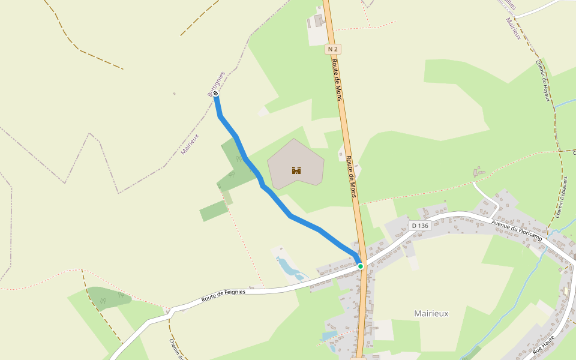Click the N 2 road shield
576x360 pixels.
[x=334, y=49]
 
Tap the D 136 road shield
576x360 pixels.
[x=421, y=226]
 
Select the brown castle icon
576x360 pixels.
[x=296, y=170]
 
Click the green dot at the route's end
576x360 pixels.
[x=361, y=266]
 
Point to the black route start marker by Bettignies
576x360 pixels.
[x=215, y=94]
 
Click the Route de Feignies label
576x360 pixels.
[x=223, y=292]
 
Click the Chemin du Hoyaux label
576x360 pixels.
[x=542, y=81]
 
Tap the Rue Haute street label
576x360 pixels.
[x=544, y=343]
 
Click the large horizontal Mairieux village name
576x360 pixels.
[x=431, y=313]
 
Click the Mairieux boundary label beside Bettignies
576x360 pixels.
[x=190, y=145]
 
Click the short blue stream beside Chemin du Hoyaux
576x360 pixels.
[x=564, y=104]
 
